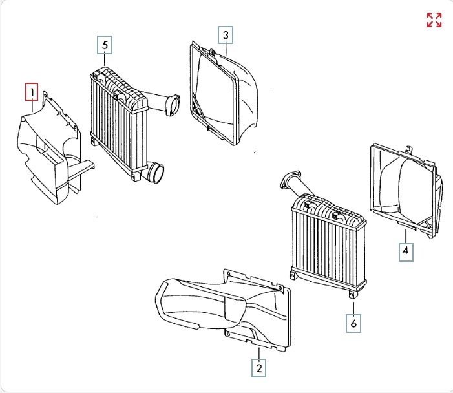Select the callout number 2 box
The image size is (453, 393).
258,368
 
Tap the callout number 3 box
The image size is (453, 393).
226,35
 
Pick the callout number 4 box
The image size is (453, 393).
406,251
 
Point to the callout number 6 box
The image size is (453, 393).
353,323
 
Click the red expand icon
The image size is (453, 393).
434,20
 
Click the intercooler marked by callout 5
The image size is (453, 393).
116,120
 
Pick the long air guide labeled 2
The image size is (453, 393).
220,307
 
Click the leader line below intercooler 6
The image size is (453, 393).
353,306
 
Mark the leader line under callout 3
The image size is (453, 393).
226,48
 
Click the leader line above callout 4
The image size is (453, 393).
405,237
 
